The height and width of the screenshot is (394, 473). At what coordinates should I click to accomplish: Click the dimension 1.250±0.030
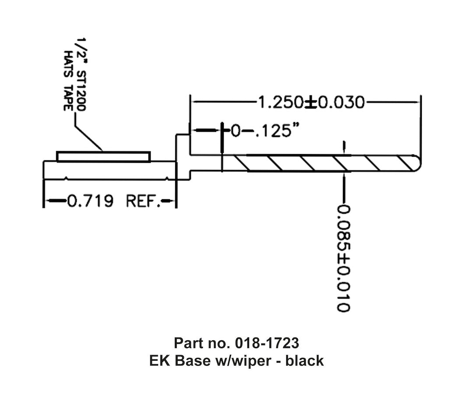pyautogui.click(x=311, y=102)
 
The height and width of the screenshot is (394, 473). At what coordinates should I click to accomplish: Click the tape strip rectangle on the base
pyautogui.click(x=103, y=157)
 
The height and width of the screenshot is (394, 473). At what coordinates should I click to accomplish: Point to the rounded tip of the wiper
pyautogui.click(x=418, y=163)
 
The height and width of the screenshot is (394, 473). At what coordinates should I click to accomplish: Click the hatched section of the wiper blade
pyautogui.click(x=324, y=163)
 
